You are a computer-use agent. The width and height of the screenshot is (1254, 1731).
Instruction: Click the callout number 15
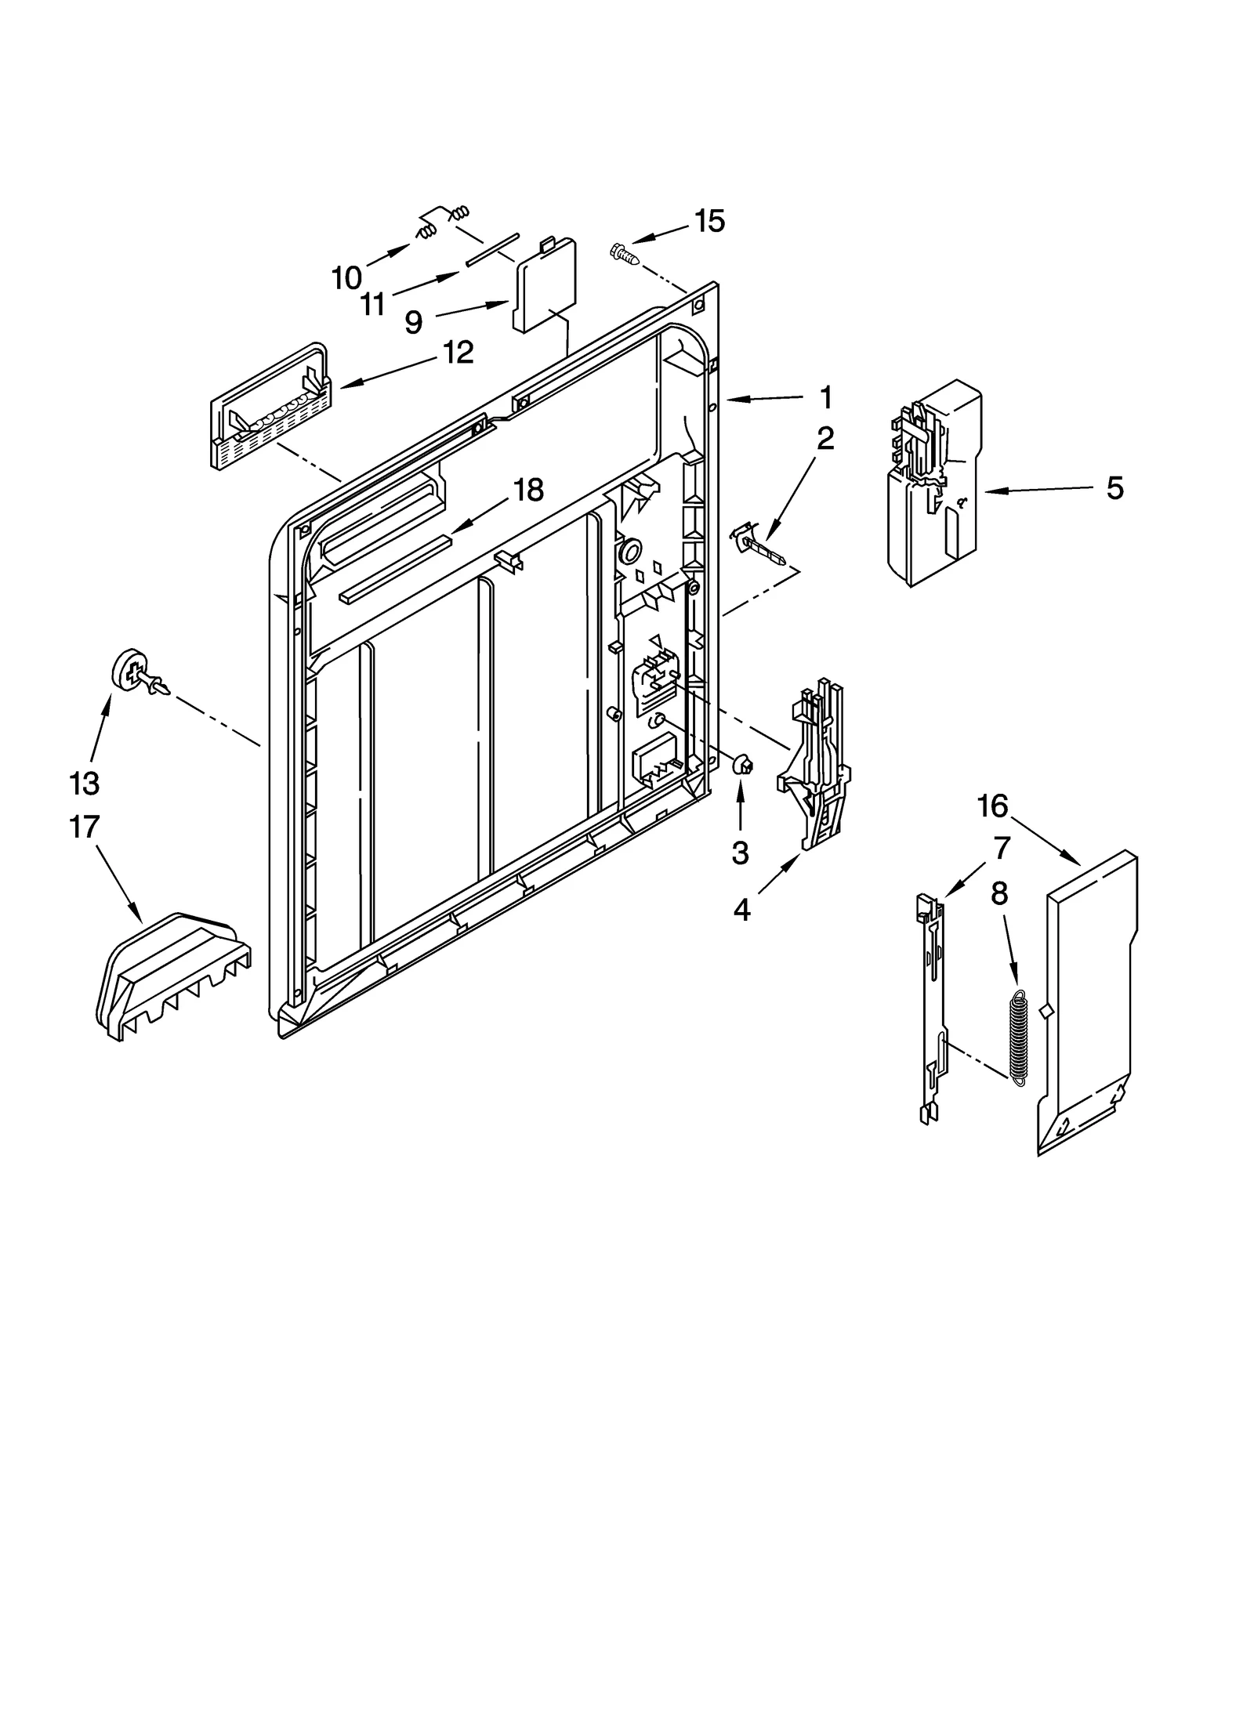tap(709, 222)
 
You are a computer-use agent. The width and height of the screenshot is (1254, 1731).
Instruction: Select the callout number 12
tap(458, 353)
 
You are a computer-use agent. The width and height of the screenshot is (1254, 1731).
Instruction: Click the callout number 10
tap(346, 277)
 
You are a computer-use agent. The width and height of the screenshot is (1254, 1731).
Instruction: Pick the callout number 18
tap(528, 491)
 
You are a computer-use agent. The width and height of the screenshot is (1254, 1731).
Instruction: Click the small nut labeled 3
tap(741, 764)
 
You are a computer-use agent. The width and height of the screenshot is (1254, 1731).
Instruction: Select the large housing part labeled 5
tap(933, 482)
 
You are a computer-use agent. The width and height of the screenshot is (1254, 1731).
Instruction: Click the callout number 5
tap(1114, 488)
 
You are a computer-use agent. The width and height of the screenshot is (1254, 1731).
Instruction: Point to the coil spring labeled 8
tap(1018, 1038)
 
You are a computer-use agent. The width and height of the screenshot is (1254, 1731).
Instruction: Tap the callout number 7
tap(1002, 847)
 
